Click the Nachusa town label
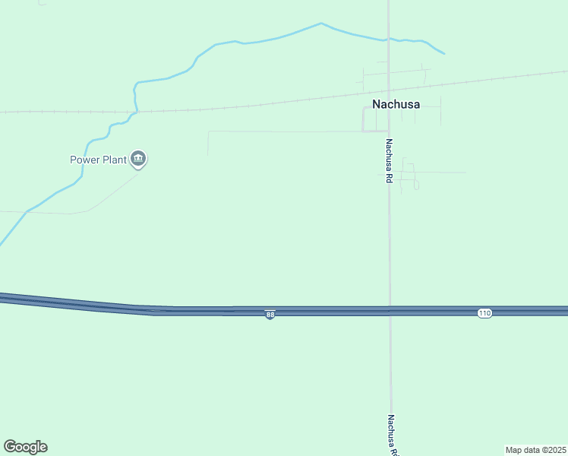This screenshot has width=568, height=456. [396, 104]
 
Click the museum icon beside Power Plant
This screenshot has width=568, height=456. [138, 159]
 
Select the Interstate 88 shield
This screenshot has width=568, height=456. [270, 315]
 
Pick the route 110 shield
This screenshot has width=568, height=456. [484, 313]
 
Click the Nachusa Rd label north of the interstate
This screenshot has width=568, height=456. [388, 160]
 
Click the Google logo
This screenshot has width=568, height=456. [25, 447]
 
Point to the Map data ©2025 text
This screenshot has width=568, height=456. [535, 450]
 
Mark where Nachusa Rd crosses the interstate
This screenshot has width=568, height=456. [390, 311]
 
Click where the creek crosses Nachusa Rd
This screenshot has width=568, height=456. [389, 39]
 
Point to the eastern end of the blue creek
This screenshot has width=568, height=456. [443, 53]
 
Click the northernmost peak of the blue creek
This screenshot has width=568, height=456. [321, 24]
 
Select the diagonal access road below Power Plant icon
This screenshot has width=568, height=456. [114, 192]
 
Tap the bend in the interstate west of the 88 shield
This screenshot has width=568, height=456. [152, 309]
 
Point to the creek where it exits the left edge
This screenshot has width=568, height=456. [2, 244]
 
